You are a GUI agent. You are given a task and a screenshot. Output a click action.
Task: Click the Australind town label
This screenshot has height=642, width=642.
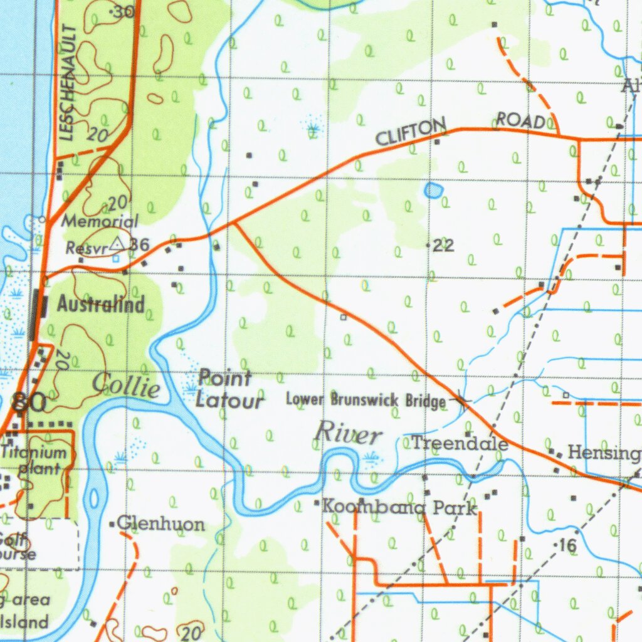coord(101,305)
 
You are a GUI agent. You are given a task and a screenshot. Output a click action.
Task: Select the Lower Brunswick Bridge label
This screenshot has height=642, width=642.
coord(366,399)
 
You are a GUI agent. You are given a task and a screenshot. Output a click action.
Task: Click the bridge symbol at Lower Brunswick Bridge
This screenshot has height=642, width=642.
coord(463,401)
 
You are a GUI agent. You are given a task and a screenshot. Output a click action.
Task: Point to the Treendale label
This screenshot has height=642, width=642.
coord(460,444)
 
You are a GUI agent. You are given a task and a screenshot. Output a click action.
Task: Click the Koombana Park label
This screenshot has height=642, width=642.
coord(399,507)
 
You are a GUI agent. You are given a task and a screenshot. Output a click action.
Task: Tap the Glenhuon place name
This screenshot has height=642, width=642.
coord(160,524)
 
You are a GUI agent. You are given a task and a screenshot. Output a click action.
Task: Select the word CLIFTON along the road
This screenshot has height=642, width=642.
coord(411,132)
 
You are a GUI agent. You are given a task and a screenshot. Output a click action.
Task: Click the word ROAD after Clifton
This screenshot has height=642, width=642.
coord(520,120)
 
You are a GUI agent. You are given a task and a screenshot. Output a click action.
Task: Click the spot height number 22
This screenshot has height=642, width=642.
coord(443,246)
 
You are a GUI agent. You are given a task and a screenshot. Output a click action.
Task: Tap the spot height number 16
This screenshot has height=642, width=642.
coord(567,546)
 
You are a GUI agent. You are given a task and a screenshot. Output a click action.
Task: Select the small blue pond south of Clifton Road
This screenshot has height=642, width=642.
coord(433,190)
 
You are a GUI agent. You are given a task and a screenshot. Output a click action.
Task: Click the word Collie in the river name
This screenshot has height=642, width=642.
coord(126,386)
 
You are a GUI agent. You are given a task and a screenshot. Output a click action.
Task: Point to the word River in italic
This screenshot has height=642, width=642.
coord(348,433)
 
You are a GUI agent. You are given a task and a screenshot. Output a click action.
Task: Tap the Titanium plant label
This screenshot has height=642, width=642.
coord(34,460)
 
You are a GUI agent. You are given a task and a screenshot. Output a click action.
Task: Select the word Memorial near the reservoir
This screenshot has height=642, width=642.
coord(100,221)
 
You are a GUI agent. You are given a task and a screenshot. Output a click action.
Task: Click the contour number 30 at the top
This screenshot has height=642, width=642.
coord(125,11)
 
